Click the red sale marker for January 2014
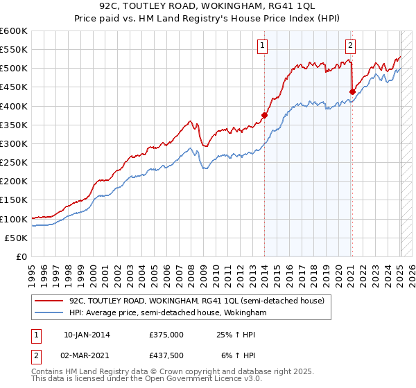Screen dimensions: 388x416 click(x=264, y=115)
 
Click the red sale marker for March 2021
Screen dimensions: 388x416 click(x=352, y=91)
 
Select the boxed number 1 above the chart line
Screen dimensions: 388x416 click(x=263, y=46)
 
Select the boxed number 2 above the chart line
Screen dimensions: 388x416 click(x=351, y=46)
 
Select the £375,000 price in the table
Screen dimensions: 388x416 click(x=166, y=335)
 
